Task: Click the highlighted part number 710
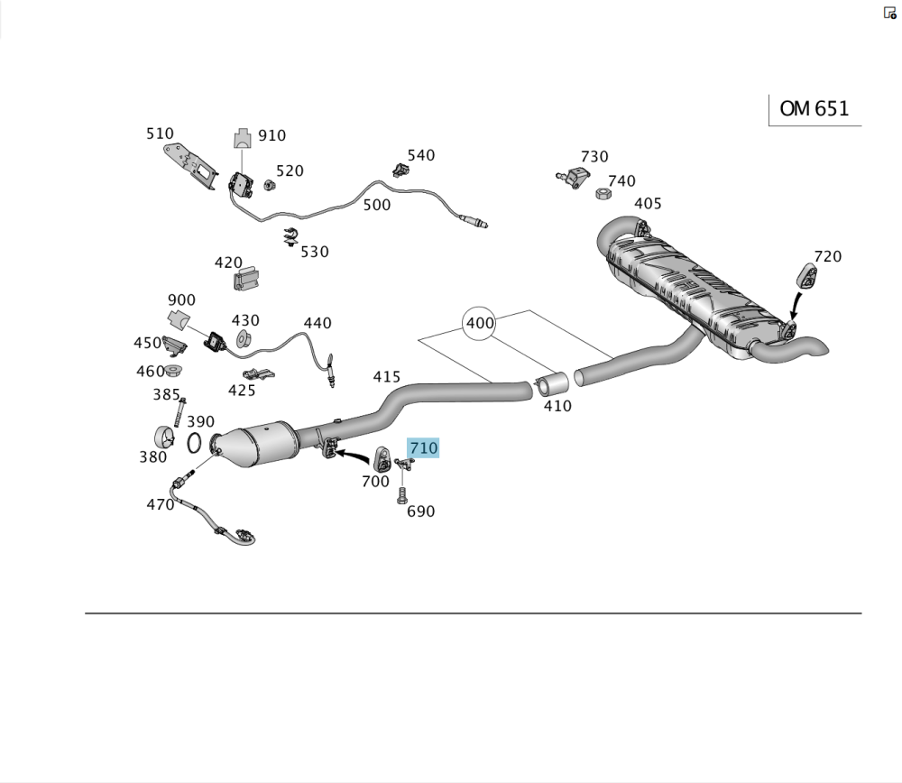tap(423, 447)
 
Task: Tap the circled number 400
tap(479, 323)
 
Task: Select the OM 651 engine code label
tap(814, 109)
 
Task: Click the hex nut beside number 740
tap(603, 193)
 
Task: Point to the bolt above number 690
tap(402, 495)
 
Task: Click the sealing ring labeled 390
tap(195, 442)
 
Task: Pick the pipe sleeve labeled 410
tap(552, 383)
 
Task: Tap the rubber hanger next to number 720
tap(807, 275)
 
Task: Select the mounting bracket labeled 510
tap(189, 166)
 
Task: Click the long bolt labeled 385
tap(179, 412)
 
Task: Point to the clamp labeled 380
tap(165, 439)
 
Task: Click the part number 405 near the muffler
tap(648, 204)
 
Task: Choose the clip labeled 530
tap(291, 236)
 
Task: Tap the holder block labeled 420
tap(246, 279)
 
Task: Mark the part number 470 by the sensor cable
tap(161, 504)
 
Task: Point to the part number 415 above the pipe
tap(387, 377)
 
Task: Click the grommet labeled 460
tap(173, 370)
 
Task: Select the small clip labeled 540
tap(400, 170)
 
